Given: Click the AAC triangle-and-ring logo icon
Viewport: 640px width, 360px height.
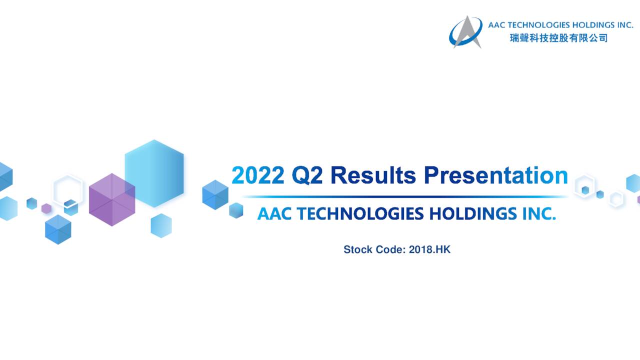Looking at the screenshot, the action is (x=465, y=32).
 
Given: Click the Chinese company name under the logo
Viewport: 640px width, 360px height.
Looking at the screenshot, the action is (x=559, y=38).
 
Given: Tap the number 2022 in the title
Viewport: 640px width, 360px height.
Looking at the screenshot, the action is (x=258, y=175).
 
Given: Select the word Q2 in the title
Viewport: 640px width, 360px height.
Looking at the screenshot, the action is (x=307, y=175).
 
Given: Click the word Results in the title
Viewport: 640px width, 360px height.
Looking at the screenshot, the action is (x=373, y=175).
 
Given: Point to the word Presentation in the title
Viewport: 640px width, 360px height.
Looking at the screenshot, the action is (x=496, y=175).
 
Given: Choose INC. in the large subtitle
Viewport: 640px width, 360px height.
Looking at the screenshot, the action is (x=539, y=213).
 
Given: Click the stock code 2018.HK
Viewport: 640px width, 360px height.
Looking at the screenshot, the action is (x=429, y=249).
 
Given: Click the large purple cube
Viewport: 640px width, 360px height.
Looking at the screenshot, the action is (x=112, y=199).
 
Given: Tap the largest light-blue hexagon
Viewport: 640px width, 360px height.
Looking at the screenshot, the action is (x=154, y=173).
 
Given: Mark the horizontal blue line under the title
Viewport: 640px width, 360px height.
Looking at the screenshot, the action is (x=404, y=197).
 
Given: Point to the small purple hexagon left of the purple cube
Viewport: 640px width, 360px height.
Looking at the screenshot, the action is (x=46, y=208).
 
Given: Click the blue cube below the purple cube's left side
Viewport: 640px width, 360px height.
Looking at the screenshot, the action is (x=58, y=229).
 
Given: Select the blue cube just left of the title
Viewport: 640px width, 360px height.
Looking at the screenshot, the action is (x=215, y=195).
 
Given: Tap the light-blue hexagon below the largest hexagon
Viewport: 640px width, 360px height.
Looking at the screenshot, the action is (x=161, y=225).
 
